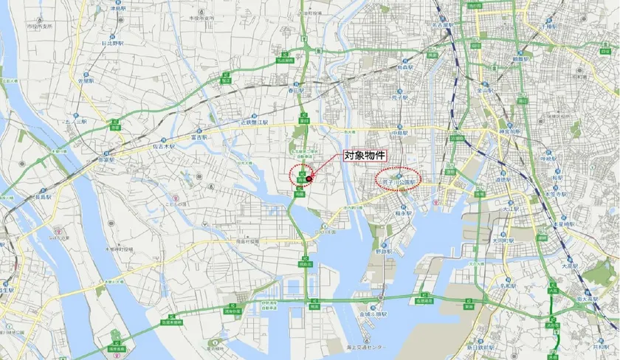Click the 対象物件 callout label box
click(x=368, y=156)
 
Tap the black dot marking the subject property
click(x=310, y=177)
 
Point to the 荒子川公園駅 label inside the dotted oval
click(x=399, y=180)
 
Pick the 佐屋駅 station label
click(x=88, y=81)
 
